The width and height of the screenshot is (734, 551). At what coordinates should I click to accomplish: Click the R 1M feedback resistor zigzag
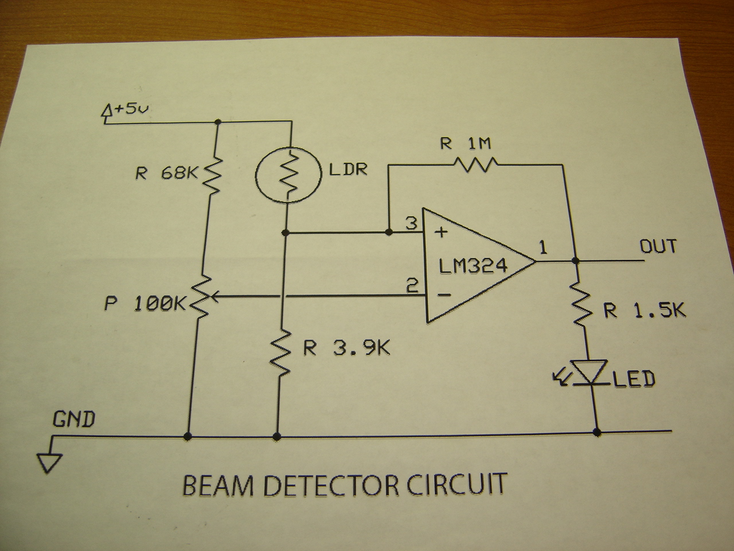click(x=476, y=165)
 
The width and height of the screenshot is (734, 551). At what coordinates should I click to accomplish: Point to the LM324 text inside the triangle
click(x=474, y=266)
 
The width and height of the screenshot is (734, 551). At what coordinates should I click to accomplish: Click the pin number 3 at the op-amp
click(x=411, y=223)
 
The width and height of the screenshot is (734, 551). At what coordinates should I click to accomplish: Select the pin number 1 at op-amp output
click(x=543, y=248)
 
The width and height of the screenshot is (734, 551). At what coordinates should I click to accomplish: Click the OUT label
click(x=658, y=247)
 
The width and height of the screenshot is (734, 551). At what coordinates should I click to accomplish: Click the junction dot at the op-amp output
click(x=577, y=261)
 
